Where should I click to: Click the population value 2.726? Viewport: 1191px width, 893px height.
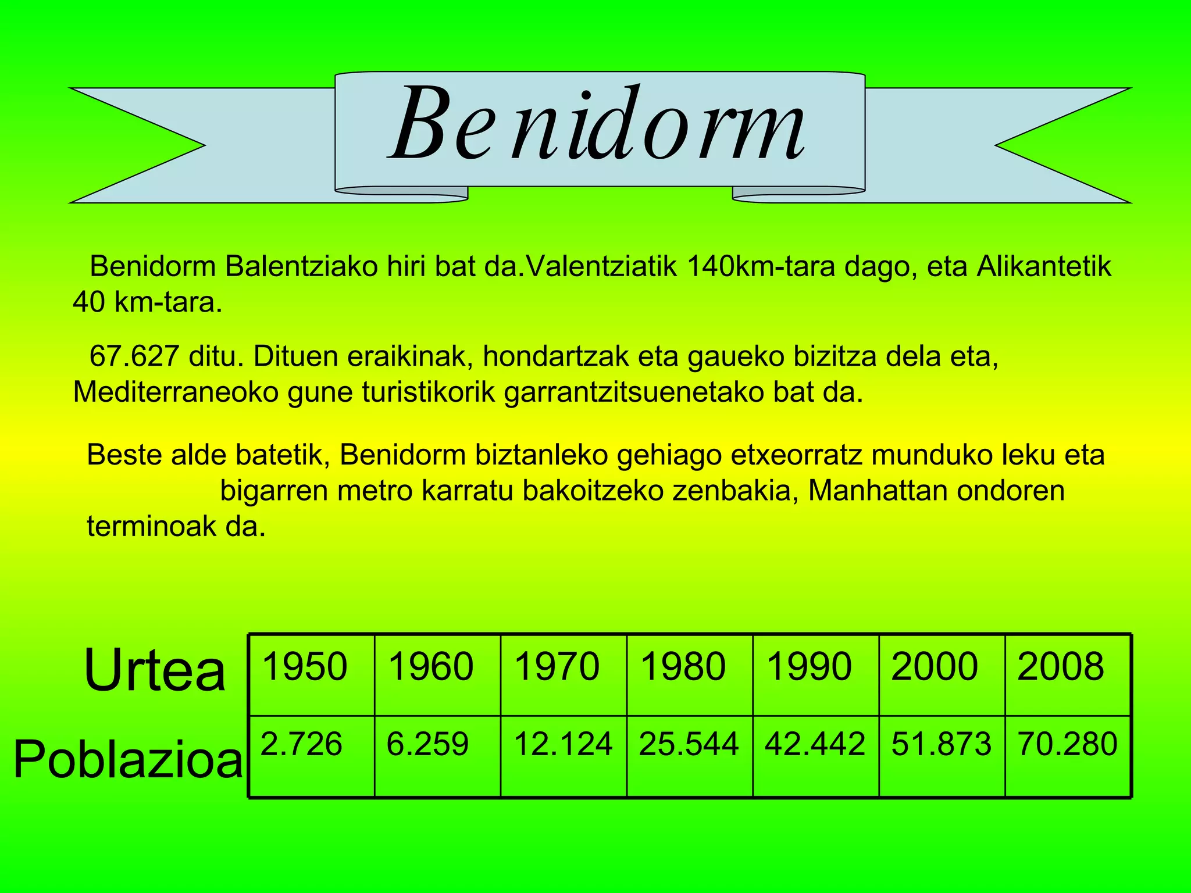301,744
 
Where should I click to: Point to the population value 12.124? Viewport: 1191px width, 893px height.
563,744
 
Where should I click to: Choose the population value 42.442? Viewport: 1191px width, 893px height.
815,744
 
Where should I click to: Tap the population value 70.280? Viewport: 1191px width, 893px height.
1068,744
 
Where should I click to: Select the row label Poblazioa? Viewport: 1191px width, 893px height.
128,759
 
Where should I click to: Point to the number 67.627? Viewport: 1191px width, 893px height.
134,356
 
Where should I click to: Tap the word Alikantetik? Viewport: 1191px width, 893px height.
1044,267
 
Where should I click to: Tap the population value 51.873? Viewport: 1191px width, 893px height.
942,744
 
